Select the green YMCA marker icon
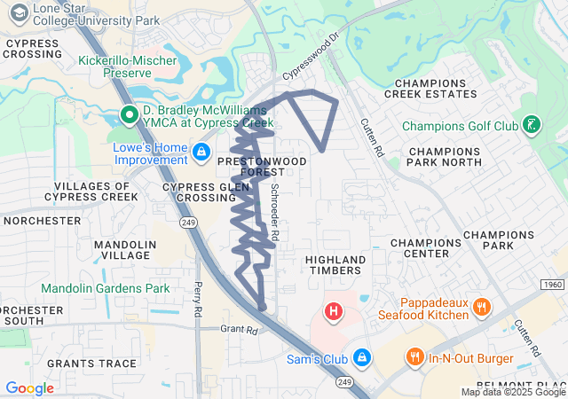pos(129,113)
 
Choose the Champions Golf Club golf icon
pos(531,125)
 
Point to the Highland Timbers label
pos(335,265)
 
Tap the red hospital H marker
pos(334,311)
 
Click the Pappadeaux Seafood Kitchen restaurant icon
pos(482,308)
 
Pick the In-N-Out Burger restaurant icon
pos(414,356)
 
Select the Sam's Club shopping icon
pos(361,356)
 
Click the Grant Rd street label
pos(239,329)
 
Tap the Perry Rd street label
pos(198,300)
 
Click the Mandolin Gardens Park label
pos(105,288)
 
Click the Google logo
pos(29,387)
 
